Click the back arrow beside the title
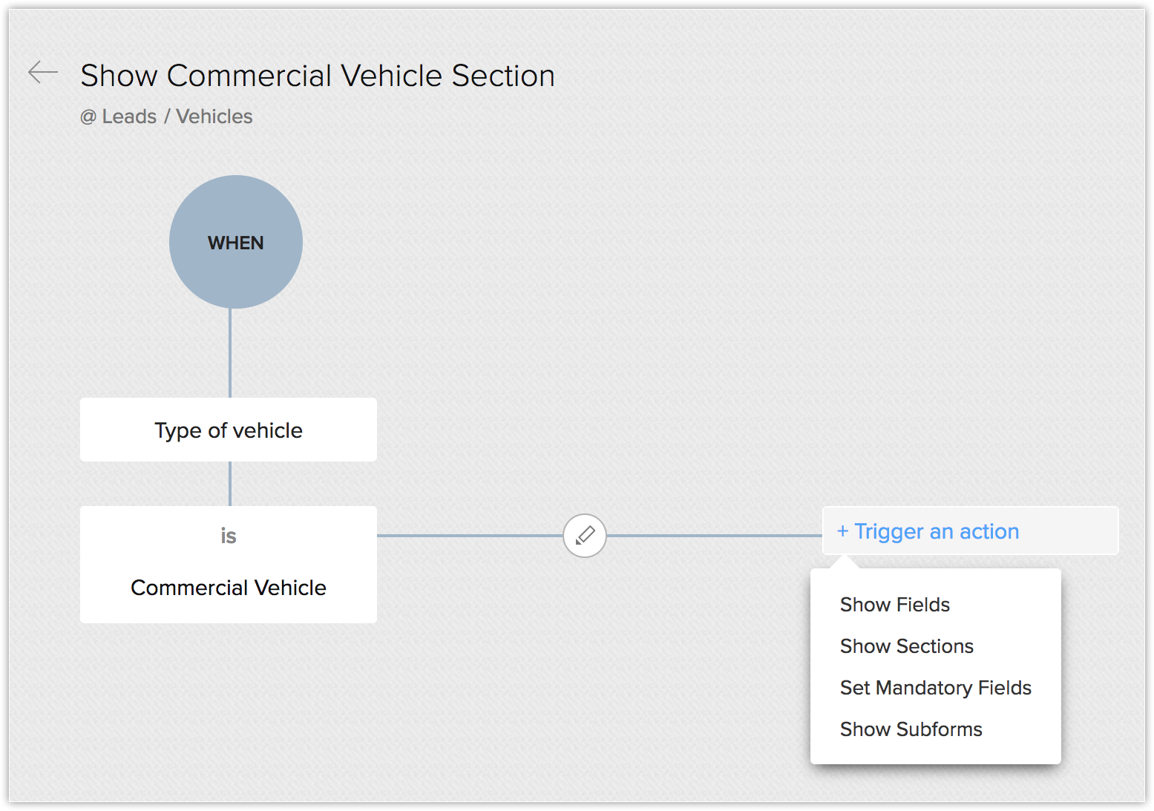pyautogui.click(x=43, y=72)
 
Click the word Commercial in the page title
pyautogui.click(x=249, y=76)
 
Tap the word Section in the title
pyautogui.click(x=502, y=76)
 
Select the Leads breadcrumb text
pyautogui.click(x=129, y=116)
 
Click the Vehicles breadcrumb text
pyautogui.click(x=214, y=116)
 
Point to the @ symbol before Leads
pyautogui.click(x=88, y=117)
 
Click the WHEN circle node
pyautogui.click(x=236, y=242)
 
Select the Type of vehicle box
pyautogui.click(x=229, y=430)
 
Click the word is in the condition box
pyautogui.click(x=229, y=536)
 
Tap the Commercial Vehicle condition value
pyautogui.click(x=229, y=588)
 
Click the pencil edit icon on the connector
pyautogui.click(x=585, y=535)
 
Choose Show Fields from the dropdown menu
pyautogui.click(x=894, y=605)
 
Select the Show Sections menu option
pyautogui.click(x=906, y=646)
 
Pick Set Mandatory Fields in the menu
pyautogui.click(x=935, y=688)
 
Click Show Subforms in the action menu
pyautogui.click(x=911, y=729)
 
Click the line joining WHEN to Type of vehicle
pyautogui.click(x=230, y=353)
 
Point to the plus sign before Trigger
pyautogui.click(x=842, y=531)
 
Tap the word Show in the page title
pyautogui.click(x=119, y=76)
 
